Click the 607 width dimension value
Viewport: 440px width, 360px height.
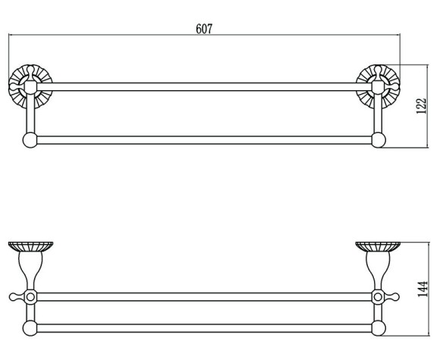(204, 29)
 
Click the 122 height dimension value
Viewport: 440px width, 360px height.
(421, 105)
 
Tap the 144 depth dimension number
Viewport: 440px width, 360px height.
(423, 289)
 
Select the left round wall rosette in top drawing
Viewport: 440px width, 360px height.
(30, 86)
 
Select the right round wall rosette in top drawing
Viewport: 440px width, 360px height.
(378, 86)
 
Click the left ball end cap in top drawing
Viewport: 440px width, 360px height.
(30, 140)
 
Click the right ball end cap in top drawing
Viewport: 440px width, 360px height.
(379, 140)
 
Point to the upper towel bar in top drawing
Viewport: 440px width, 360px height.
(204, 87)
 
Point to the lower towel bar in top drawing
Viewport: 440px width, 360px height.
(204, 140)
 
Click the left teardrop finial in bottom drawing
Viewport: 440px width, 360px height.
(17, 297)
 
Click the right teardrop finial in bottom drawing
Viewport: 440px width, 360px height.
(391, 297)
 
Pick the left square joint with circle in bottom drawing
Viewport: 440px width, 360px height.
(30, 297)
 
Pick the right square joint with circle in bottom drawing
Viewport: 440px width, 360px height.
(378, 297)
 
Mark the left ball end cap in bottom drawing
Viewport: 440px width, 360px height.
(30, 328)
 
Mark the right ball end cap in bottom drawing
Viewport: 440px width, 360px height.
(379, 328)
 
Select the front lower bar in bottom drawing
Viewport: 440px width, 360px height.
(204, 328)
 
